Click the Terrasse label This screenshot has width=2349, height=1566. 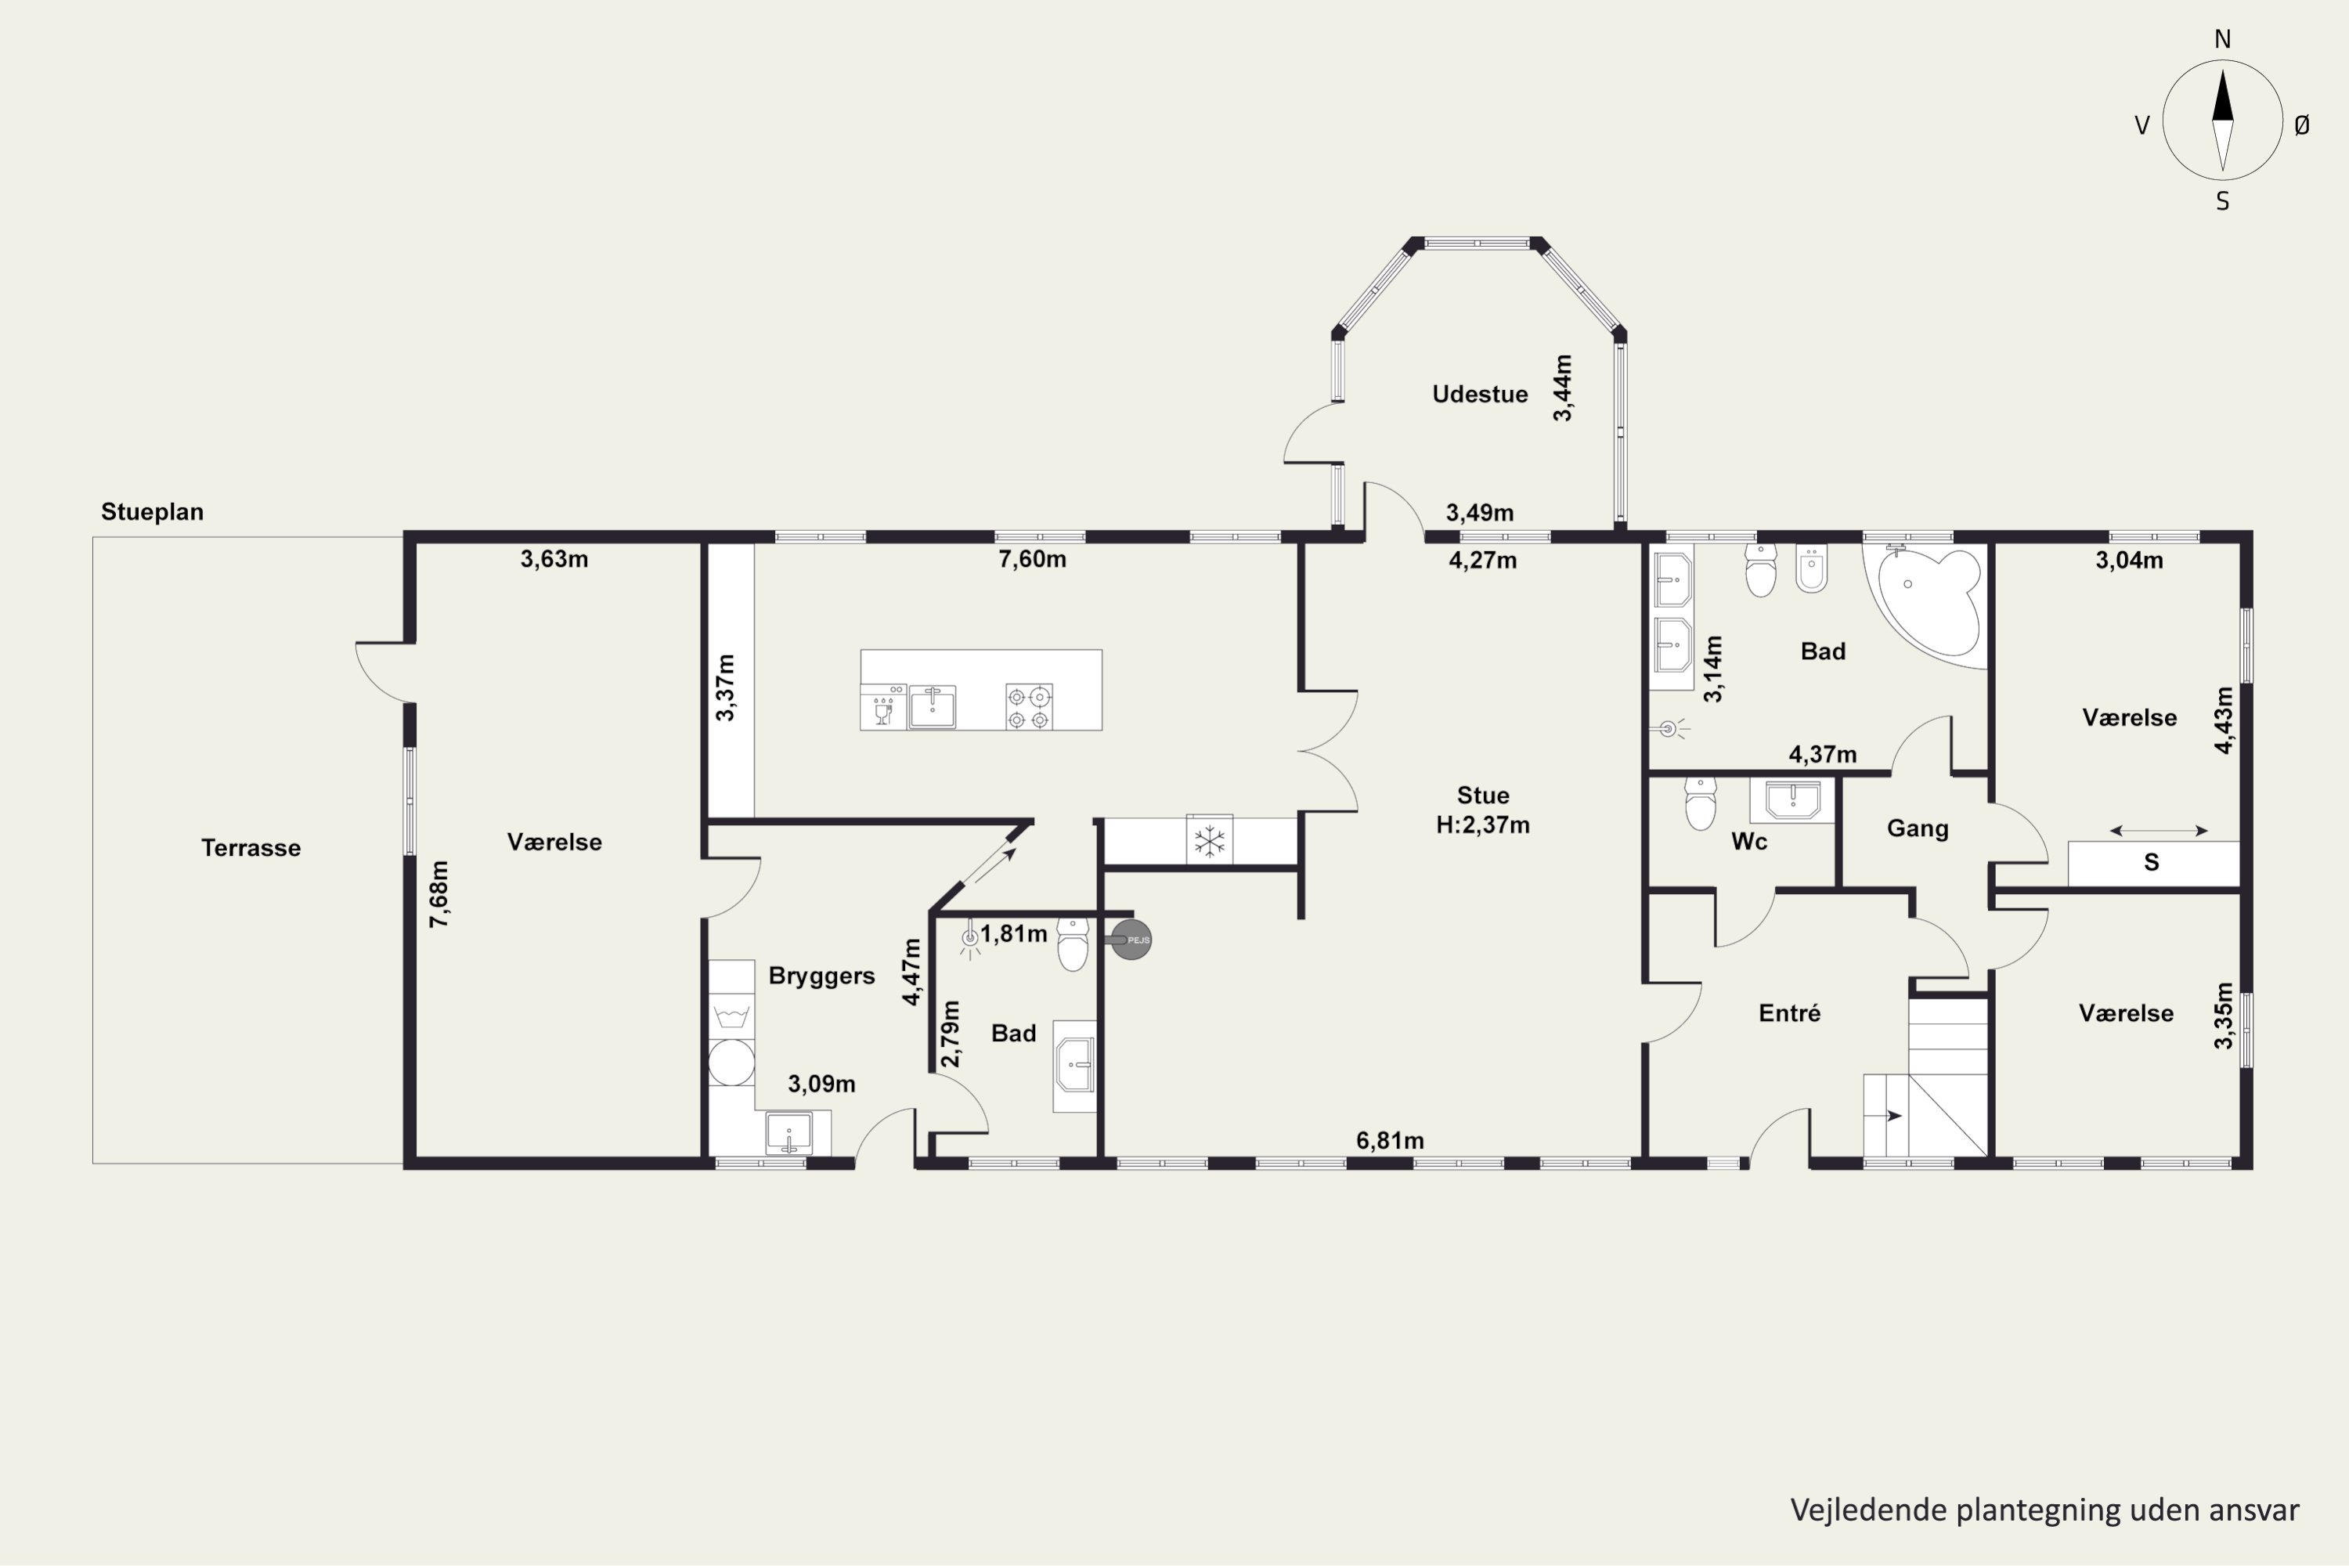click(x=251, y=848)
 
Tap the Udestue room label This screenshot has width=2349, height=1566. click(x=1479, y=395)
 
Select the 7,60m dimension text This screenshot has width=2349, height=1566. click(x=1032, y=559)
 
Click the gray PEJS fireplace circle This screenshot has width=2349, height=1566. click(x=1131, y=940)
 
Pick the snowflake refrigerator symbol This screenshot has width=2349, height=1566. click(x=1210, y=841)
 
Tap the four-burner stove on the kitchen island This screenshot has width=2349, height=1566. click(x=1029, y=706)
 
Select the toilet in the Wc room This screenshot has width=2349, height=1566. click(x=1700, y=803)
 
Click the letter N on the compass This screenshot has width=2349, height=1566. click(x=2222, y=39)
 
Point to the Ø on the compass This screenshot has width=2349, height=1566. click(x=2302, y=124)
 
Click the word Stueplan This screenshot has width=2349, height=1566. click(x=152, y=512)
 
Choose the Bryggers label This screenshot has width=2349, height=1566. click(x=821, y=976)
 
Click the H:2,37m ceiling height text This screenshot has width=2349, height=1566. click(x=1482, y=825)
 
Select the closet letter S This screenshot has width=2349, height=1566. click(x=2151, y=863)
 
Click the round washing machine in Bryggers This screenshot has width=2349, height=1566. click(x=731, y=1062)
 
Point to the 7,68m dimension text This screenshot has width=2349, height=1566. click(x=438, y=894)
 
